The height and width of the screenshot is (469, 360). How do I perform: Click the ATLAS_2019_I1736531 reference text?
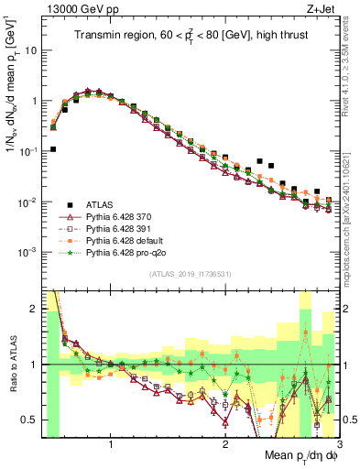click(x=191, y=275)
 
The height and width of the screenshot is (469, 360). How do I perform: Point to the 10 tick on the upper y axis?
click(x=33, y=49)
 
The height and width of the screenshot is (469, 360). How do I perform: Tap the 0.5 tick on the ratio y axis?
click(x=31, y=420)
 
